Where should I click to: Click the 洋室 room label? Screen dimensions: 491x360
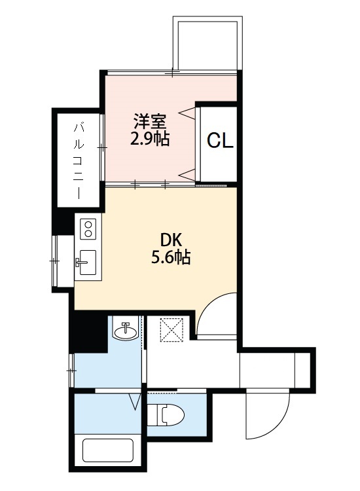click(151, 121)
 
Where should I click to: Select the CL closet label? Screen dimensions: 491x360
click(220, 141)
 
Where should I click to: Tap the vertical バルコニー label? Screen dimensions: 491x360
click(78, 160)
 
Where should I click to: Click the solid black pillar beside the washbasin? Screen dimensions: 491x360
click(88, 333)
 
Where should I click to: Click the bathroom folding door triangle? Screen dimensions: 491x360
click(135, 401)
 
